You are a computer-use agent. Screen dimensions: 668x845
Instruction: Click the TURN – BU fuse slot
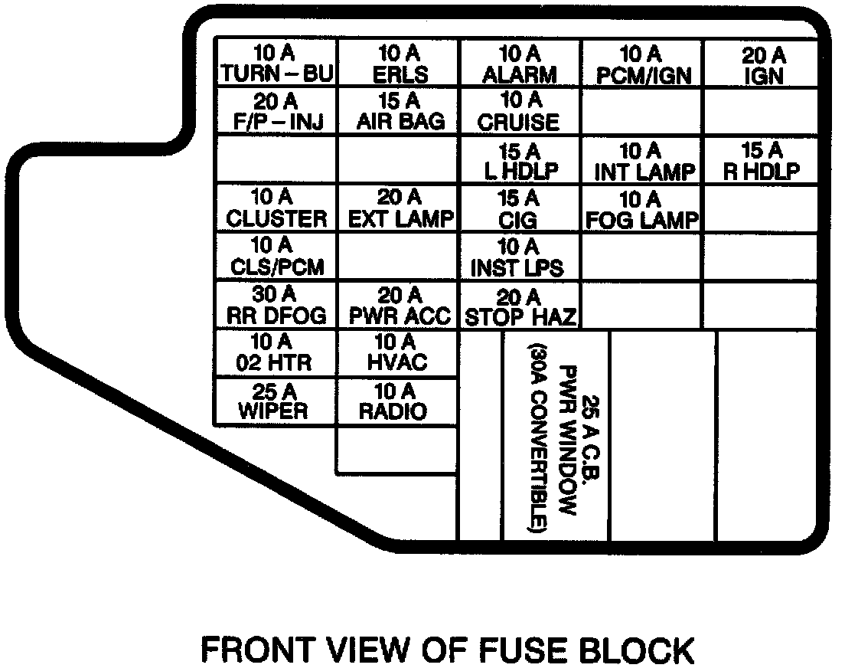[x=276, y=64]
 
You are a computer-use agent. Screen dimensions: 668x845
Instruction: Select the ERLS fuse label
[x=399, y=64]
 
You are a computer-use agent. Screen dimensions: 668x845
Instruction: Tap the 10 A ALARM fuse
[x=520, y=64]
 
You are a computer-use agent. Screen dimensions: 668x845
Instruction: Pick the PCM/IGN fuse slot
[x=642, y=64]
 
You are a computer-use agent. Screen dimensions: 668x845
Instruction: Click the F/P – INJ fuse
[x=276, y=112]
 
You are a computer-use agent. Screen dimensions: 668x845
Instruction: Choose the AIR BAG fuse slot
[x=399, y=112]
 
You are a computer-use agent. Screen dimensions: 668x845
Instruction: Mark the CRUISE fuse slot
[x=520, y=112]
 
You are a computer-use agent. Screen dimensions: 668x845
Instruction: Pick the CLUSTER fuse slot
[x=276, y=208]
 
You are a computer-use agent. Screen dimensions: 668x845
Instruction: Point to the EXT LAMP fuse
[x=399, y=208]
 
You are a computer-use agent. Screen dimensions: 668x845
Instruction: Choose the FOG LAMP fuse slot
[x=642, y=208]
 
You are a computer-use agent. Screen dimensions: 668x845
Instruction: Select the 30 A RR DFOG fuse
[x=276, y=305]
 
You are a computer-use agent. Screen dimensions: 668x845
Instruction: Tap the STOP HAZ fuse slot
[x=520, y=305]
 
